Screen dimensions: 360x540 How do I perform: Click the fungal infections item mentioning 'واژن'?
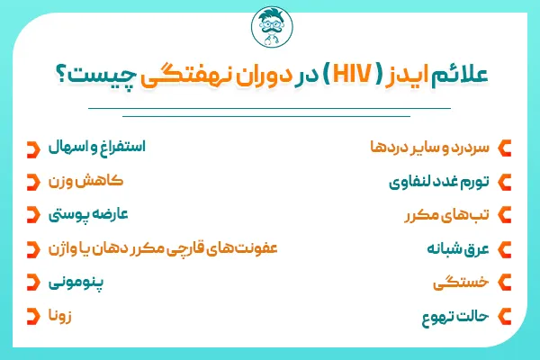click(153, 247)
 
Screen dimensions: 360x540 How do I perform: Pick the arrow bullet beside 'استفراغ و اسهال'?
click(33, 148)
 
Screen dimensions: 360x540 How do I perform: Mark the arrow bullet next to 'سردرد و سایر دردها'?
click(506, 148)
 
